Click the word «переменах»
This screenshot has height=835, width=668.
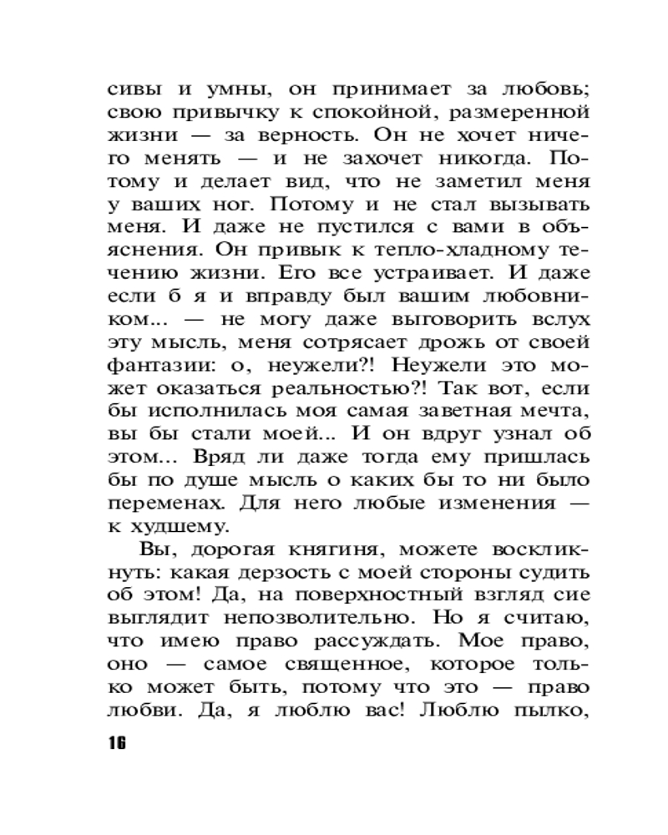point(168,502)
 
